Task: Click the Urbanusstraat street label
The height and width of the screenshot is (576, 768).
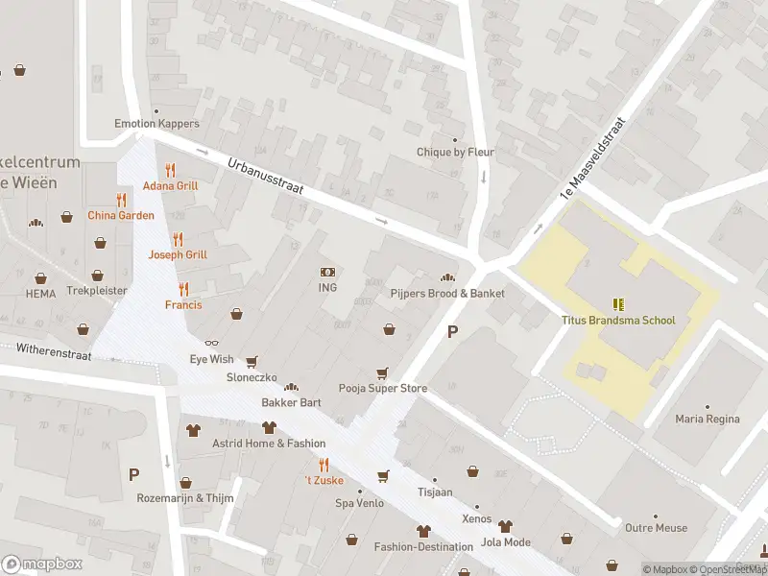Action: pyautogui.click(x=266, y=178)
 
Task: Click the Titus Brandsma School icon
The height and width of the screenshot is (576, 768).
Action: pyautogui.click(x=618, y=304)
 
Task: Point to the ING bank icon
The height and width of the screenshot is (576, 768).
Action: pyautogui.click(x=328, y=272)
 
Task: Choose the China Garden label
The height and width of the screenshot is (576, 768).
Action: pyautogui.click(x=121, y=215)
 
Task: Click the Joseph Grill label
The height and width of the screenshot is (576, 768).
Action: pyautogui.click(x=178, y=254)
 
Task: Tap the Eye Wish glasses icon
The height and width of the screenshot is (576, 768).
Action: pyautogui.click(x=211, y=343)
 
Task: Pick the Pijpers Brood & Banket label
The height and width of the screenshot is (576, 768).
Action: pyautogui.click(x=447, y=293)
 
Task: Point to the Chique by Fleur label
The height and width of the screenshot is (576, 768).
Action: pyautogui.click(x=454, y=152)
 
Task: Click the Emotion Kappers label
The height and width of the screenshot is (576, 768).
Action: pyautogui.click(x=156, y=124)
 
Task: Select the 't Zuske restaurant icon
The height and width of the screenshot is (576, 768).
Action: pyautogui.click(x=324, y=465)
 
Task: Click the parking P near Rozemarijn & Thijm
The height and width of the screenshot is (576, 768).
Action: pyautogui.click(x=133, y=474)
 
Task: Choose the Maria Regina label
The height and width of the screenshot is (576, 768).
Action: pyautogui.click(x=708, y=419)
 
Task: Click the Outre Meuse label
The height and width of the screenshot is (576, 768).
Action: pyautogui.click(x=656, y=528)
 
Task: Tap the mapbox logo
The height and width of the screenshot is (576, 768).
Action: pyautogui.click(x=42, y=564)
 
